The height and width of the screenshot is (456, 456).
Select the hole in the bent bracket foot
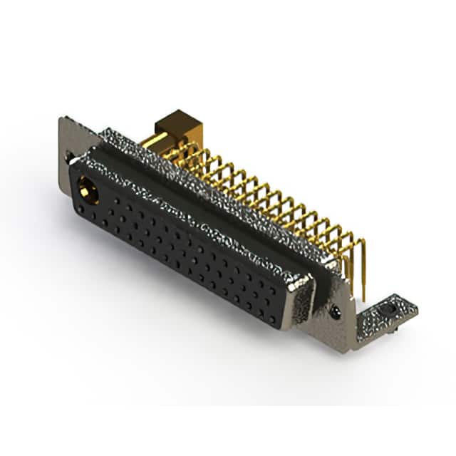click(x=389, y=311)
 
